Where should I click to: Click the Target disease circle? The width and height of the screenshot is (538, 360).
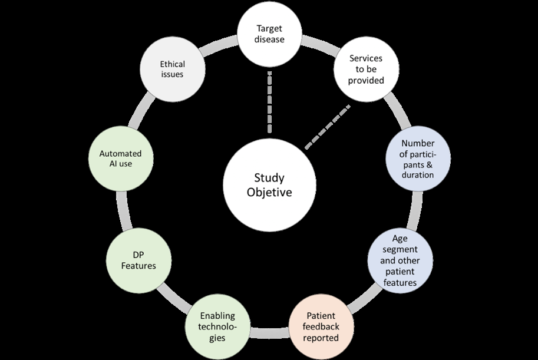(269, 34)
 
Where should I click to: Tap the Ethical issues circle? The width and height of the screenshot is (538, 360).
(172, 70)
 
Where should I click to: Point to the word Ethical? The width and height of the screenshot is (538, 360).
(172, 64)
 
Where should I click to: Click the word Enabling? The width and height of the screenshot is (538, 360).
(218, 316)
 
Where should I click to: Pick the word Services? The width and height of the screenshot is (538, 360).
(366, 59)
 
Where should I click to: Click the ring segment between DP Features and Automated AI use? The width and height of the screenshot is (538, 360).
(122, 210)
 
